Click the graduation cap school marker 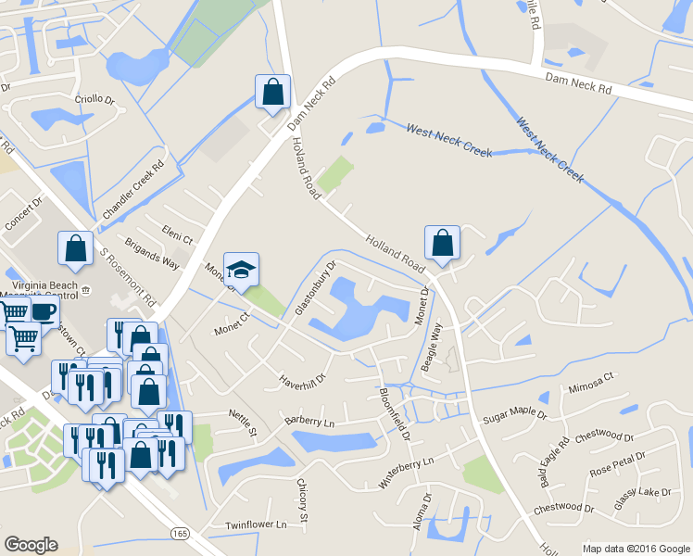pyautogui.click(x=242, y=271)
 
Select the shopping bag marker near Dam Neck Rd pyautogui.click(x=273, y=92)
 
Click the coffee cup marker pyautogui.click(x=44, y=310)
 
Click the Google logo pyautogui.click(x=31, y=545)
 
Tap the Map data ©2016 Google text pyautogui.click(x=636, y=548)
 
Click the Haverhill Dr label pyautogui.click(x=304, y=380)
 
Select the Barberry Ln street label pyautogui.click(x=309, y=420)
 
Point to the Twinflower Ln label pyautogui.click(x=256, y=524)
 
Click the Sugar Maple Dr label pyautogui.click(x=515, y=408)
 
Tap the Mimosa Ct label pyautogui.click(x=591, y=382)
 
